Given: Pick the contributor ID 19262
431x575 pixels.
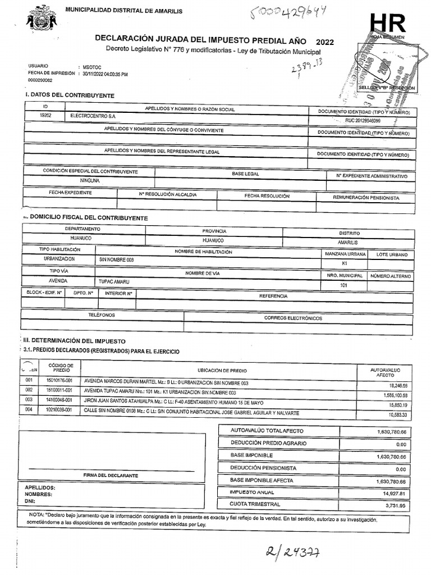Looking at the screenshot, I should pyautogui.click(x=47, y=115).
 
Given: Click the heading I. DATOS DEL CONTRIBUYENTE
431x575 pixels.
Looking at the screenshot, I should pyautogui.click(x=70, y=95).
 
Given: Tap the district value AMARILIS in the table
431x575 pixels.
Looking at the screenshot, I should pyautogui.click(x=347, y=242).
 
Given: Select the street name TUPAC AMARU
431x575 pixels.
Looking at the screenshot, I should pyautogui.click(x=114, y=281).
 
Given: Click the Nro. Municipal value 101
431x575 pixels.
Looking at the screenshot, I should pyautogui.click(x=343, y=286).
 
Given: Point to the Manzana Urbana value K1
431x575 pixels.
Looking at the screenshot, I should pyautogui.click(x=344, y=263).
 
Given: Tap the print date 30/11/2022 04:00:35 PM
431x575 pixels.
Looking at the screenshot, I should pyautogui.click(x=105, y=74).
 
